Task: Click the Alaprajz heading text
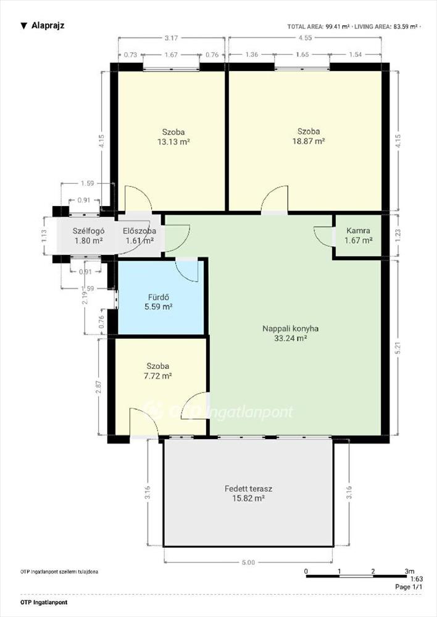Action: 48,25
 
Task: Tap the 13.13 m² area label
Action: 173,142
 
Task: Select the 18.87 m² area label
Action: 309,141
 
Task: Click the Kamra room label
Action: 358,231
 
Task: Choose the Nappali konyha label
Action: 291,329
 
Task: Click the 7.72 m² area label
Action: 157,376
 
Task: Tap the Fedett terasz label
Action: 248,489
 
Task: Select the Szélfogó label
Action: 89,231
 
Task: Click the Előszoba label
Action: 139,231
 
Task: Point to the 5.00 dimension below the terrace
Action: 248,562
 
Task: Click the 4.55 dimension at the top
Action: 305,38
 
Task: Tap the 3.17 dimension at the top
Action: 171,38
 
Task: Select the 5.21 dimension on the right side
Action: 398,348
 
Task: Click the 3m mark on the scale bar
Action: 409,571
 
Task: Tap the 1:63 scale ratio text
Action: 417,579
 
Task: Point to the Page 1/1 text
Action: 409,587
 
